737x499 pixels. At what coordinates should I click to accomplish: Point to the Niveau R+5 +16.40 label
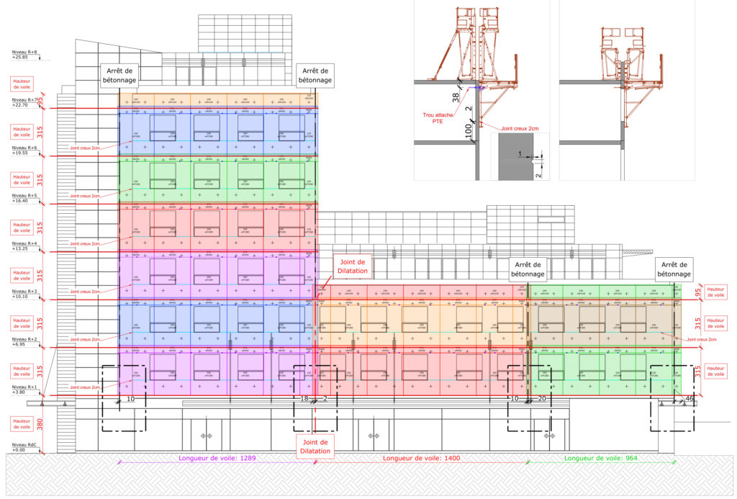tap(23, 198)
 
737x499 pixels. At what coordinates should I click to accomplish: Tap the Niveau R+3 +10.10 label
tap(23, 294)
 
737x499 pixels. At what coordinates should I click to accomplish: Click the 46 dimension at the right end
tap(689, 398)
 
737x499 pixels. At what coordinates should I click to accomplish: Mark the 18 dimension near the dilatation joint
tap(304, 398)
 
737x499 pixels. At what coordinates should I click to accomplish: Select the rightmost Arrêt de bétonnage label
tap(675, 269)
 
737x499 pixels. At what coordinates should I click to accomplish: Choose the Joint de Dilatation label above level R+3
tap(352, 266)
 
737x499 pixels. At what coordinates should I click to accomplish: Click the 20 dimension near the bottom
tap(541, 398)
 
